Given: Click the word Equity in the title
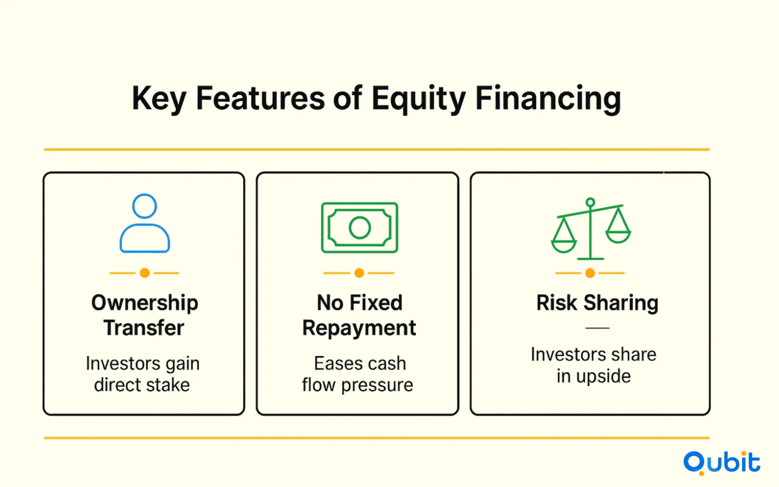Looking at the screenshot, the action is [419, 99].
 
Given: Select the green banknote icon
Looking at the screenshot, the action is [359, 227].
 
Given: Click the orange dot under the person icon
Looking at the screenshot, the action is [145, 273].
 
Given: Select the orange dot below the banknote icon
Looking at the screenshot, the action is [359, 273].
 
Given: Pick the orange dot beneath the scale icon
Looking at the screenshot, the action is [590, 273].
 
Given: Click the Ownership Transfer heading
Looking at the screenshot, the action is [145, 315].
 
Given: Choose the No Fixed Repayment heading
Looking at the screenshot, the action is [359, 315].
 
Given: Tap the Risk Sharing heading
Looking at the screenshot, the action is [597, 303].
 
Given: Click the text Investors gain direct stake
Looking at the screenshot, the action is [143, 374].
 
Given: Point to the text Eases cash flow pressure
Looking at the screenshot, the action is [357, 374].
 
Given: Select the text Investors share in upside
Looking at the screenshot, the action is [594, 365].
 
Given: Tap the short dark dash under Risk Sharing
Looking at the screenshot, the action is [597, 328].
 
